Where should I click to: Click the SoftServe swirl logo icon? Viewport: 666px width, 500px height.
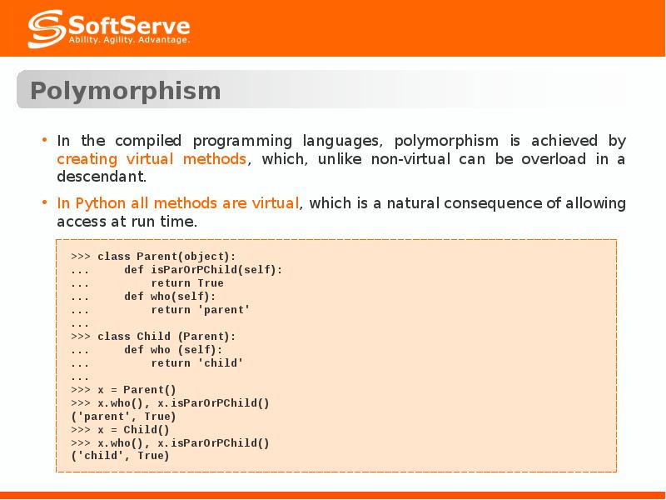47,28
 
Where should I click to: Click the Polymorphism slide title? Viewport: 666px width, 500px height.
126,91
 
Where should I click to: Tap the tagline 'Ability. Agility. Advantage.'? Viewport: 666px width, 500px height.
129,40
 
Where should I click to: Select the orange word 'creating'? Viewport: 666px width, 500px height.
87,159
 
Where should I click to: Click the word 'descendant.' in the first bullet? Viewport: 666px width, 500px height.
102,177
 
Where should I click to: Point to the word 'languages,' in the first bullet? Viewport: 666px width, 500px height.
342,141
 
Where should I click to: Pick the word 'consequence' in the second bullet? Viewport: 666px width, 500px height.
493,203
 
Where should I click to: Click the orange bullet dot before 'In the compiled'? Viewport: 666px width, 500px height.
44,139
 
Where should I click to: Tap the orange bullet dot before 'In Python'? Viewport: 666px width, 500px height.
44,202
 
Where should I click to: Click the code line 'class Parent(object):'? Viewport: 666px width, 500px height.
166,257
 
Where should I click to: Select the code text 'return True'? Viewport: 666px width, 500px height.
186,283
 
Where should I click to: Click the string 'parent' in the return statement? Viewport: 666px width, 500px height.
224,309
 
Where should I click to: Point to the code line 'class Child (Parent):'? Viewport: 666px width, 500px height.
166,337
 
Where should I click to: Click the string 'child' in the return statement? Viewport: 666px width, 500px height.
221,363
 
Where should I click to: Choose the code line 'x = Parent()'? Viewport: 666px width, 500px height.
137,390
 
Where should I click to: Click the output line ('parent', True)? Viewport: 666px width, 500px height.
123,417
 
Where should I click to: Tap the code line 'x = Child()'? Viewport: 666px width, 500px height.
133,430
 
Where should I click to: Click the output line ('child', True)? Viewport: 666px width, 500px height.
120,456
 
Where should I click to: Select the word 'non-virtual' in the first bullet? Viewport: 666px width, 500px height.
410,159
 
